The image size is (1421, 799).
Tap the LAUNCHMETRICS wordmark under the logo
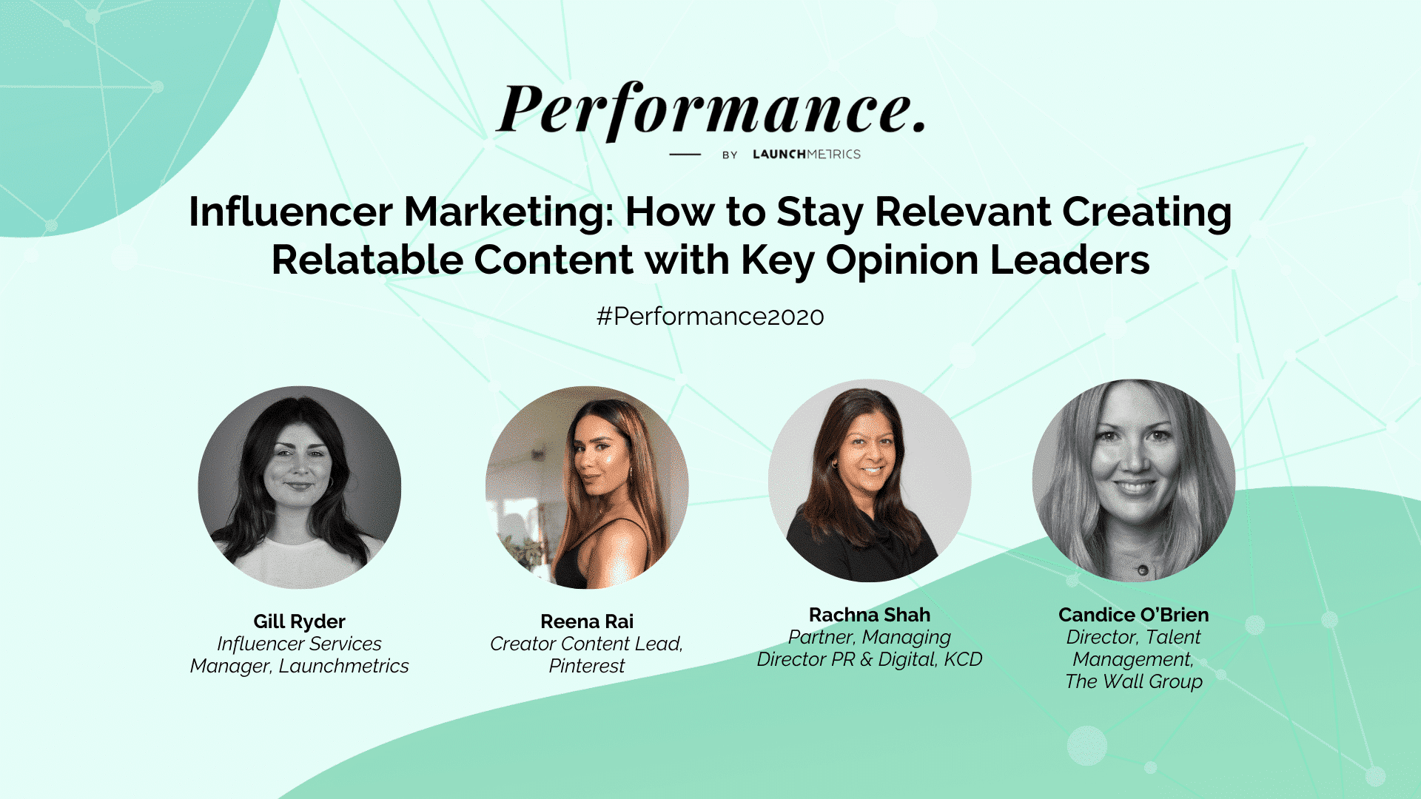click(x=807, y=154)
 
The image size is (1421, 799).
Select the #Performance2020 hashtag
click(x=710, y=317)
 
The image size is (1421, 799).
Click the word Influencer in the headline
click(x=291, y=212)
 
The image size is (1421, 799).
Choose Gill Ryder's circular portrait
click(x=300, y=488)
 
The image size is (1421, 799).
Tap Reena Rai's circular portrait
click(x=587, y=488)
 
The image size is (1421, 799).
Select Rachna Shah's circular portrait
click(x=870, y=481)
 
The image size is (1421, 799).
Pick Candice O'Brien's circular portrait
click(x=1134, y=481)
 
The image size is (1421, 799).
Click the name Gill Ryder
click(x=300, y=621)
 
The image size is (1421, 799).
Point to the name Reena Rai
click(x=587, y=621)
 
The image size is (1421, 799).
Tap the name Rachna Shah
click(x=870, y=615)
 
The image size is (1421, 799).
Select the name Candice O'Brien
click(x=1134, y=615)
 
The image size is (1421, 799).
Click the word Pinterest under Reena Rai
click(x=587, y=666)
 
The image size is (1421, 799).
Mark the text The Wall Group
click(x=1134, y=681)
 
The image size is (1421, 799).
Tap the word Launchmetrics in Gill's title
click(x=343, y=666)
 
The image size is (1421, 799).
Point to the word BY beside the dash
click(x=730, y=155)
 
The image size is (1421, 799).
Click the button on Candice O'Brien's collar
click(x=1143, y=570)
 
